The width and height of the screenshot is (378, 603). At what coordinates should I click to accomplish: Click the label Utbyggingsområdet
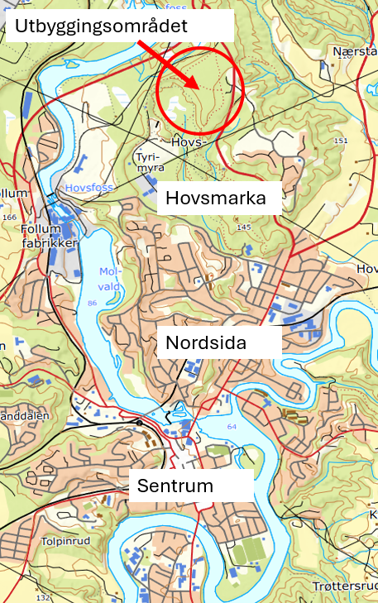pos(101,26)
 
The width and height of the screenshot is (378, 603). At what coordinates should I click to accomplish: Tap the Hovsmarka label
pos(216,199)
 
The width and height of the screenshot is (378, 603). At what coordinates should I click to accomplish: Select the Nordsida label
pos(206,342)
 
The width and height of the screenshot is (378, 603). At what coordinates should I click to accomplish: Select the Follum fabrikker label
pos(51,237)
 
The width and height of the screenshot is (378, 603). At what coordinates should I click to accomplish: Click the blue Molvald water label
pos(109,279)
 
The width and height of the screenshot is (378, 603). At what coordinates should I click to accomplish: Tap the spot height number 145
pos(243,227)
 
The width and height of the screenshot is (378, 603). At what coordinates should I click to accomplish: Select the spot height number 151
pos(341,141)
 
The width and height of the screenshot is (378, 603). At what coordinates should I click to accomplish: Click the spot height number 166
pos(10,218)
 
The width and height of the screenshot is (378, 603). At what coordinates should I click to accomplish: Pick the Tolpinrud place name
pos(63,541)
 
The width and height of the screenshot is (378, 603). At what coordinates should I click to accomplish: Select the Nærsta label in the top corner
pos(354,51)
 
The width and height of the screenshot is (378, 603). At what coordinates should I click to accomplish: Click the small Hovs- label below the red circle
pos(187,141)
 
